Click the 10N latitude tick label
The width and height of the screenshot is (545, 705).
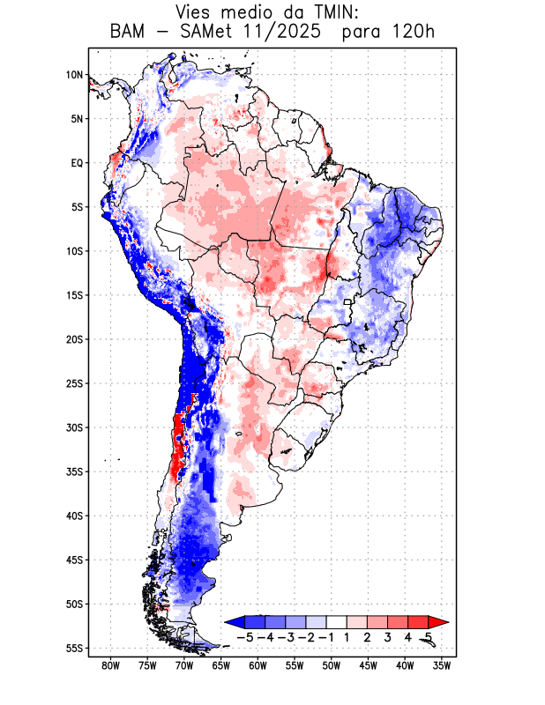point(74,75)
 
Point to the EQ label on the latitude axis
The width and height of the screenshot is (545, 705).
point(76,163)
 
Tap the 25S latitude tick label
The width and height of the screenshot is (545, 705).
point(74,383)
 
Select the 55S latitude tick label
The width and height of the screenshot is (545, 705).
point(74,649)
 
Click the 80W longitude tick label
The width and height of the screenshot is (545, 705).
point(110,665)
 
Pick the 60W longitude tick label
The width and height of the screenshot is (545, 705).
point(258,665)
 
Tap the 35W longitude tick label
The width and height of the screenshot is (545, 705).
point(442,665)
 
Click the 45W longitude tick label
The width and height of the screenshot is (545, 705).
point(368,665)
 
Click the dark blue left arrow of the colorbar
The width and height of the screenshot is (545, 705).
point(232,622)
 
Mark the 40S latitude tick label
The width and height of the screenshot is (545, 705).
point(74,516)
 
